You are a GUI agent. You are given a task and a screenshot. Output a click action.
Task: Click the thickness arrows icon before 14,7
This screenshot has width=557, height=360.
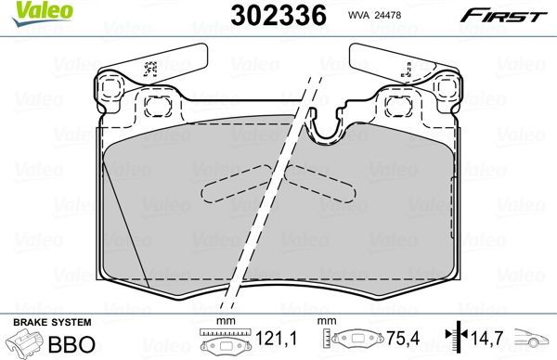coord(455,340)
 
